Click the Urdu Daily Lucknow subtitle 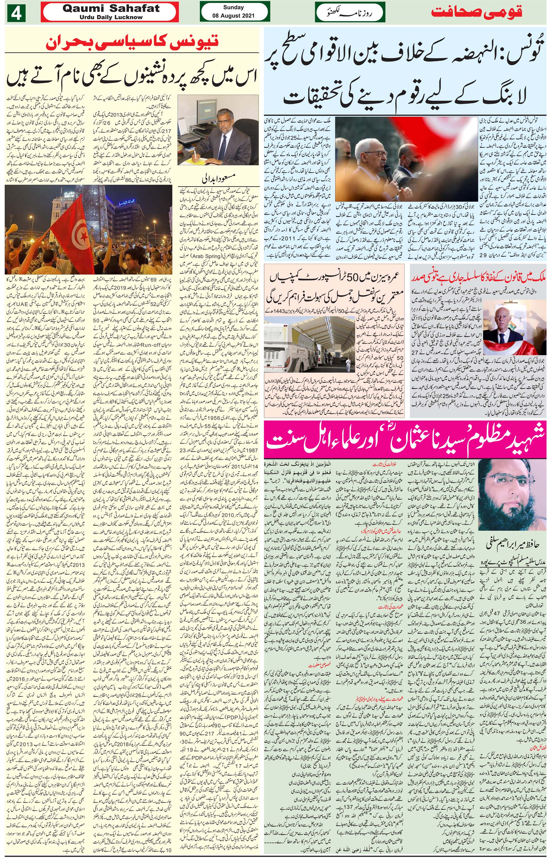pyautogui.click(x=110, y=17)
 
